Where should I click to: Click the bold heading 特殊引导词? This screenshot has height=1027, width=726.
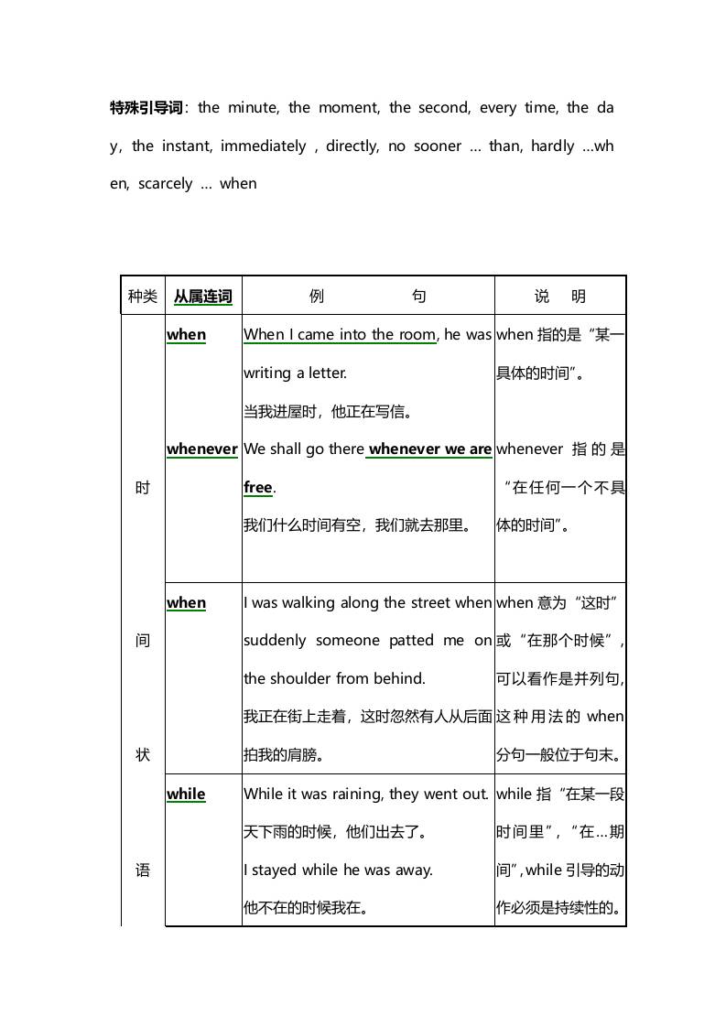(146, 108)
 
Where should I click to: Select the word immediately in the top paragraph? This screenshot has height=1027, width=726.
(264, 146)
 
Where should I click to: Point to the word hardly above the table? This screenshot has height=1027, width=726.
(553, 146)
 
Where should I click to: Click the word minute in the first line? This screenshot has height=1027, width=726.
(253, 108)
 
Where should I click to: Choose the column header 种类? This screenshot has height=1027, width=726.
(143, 297)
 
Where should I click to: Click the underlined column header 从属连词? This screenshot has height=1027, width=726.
(203, 297)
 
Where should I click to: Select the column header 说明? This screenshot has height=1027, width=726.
(560, 297)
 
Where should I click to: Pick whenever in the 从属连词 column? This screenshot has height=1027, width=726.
(202, 449)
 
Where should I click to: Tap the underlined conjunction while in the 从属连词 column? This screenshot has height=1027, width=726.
(186, 795)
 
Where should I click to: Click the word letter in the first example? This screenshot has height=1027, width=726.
(328, 373)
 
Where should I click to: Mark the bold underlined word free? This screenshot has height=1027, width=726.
(258, 488)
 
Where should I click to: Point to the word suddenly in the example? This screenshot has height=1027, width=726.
(275, 641)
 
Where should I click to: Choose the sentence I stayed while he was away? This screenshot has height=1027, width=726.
(338, 870)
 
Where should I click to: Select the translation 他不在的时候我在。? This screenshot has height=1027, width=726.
(306, 909)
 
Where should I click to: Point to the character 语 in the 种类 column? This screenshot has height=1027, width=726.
(143, 870)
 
